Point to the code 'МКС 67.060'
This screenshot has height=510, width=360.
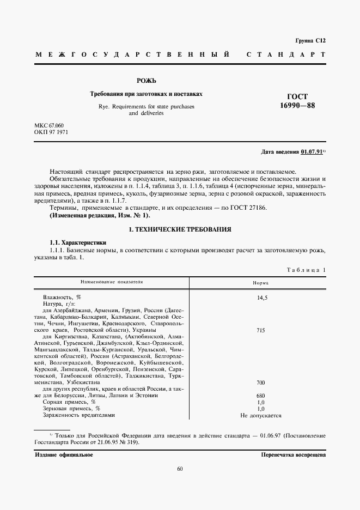[x=49, y=125]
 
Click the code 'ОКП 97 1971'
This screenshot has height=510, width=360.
[x=51, y=132]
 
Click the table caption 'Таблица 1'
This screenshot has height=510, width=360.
[x=306, y=270]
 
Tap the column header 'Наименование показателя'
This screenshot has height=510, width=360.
[x=111, y=283]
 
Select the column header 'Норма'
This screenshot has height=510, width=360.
[x=260, y=283]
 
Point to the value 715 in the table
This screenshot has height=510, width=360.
[x=260, y=330]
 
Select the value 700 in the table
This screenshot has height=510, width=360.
[x=260, y=382]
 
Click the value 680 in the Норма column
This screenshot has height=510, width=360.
[x=260, y=395]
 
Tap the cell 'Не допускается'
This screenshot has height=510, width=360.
[x=260, y=415]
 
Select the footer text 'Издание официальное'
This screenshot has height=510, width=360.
[x=64, y=454]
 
